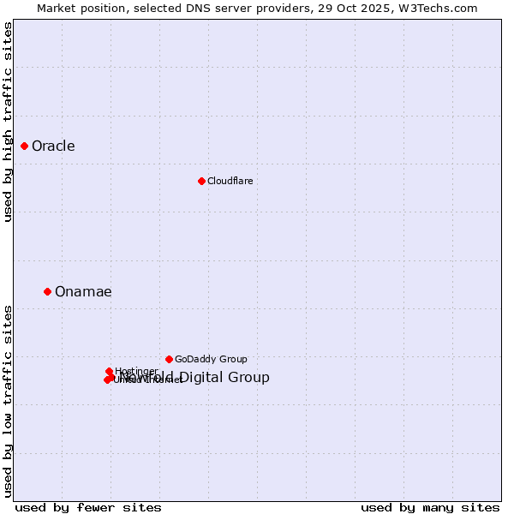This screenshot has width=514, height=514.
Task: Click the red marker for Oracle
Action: click(25, 146)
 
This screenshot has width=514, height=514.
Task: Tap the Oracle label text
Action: click(53, 146)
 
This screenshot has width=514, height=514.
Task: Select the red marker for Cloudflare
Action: click(201, 181)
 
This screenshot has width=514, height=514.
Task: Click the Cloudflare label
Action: click(230, 181)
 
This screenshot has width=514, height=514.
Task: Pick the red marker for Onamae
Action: click(47, 291)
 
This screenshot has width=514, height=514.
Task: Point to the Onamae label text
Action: click(83, 291)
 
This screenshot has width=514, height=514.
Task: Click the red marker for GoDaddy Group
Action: click(169, 359)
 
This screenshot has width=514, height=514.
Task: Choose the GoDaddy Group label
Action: click(211, 359)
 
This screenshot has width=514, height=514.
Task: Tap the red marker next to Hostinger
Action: click(109, 371)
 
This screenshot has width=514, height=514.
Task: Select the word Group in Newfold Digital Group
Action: click(249, 378)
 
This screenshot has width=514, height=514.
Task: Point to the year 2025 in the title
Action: click(380, 8)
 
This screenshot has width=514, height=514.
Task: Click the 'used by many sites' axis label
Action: click(430, 507)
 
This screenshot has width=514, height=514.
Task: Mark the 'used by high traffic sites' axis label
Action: click(8, 122)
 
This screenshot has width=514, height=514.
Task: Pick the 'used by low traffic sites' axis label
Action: click(8, 400)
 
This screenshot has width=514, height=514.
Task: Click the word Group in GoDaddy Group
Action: click(232, 359)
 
